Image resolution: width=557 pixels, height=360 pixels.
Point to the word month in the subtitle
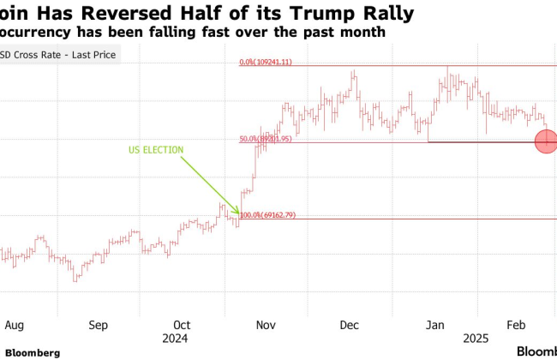tap(363, 32)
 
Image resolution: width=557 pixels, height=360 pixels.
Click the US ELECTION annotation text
tap(156, 149)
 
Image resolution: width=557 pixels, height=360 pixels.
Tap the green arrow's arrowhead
tap(238, 212)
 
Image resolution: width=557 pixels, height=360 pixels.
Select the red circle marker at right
tap(547, 141)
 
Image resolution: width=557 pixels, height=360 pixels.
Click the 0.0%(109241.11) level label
tap(267, 63)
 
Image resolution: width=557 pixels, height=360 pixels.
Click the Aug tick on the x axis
tap(14, 326)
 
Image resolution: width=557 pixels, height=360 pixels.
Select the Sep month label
tap(99, 326)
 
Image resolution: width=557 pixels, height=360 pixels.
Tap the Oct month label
tap(183, 326)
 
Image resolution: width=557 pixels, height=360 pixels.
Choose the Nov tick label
tap(267, 326)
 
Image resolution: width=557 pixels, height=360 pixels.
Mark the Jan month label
tap(435, 326)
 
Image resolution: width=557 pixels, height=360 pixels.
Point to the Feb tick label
tap(517, 326)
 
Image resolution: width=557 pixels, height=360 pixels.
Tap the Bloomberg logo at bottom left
tap(33, 352)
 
